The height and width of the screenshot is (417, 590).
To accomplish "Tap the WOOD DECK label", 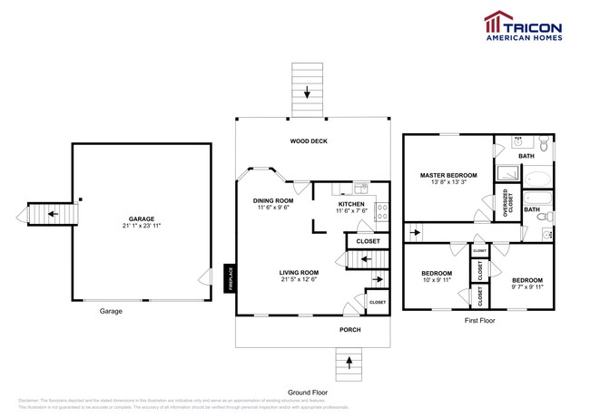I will tap(309, 141).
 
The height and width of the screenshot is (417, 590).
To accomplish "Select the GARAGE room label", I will tap(141, 218).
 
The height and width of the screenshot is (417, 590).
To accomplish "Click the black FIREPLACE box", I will tap(231, 278).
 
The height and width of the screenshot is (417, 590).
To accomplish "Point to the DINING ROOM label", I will tap(273, 200).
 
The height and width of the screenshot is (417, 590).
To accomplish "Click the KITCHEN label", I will tap(351, 205).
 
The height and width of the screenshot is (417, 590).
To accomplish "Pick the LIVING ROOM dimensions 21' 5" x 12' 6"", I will tap(298, 279).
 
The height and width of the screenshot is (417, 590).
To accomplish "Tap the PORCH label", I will tap(350, 329).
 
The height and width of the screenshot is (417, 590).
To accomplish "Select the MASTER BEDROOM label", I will tap(443, 174).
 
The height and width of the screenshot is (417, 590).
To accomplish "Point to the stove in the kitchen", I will tap(382, 212).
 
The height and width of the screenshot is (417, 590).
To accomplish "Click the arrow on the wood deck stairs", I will tap(308, 92).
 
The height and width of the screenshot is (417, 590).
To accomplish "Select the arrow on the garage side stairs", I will tap(41, 215).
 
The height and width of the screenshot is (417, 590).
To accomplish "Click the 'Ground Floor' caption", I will tap(308, 393).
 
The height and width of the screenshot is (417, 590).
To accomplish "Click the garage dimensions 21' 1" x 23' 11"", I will tap(141, 226).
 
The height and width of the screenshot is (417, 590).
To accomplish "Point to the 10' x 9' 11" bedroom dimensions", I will tap(437, 279).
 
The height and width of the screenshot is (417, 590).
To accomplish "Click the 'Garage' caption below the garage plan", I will tap(111, 311).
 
